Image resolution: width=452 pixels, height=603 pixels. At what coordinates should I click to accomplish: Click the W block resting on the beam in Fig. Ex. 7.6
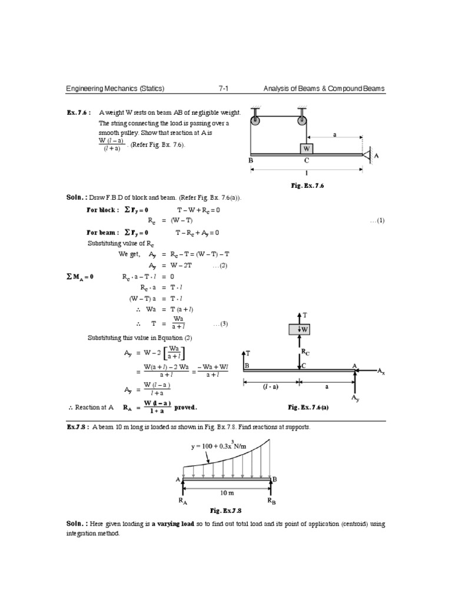306,148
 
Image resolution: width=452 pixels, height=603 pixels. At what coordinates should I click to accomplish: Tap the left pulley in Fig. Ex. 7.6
255,122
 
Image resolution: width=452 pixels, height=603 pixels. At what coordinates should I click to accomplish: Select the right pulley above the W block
302,122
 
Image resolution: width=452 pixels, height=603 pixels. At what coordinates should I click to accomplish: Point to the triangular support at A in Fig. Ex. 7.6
366,155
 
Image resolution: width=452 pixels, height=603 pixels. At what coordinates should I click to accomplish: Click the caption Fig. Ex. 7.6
308,185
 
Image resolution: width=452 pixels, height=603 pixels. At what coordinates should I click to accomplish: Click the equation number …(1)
377,220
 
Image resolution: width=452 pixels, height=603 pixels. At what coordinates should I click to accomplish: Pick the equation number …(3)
220,323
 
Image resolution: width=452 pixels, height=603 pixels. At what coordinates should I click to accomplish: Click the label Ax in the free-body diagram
382,372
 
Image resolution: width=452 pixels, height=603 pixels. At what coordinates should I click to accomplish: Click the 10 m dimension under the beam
227,491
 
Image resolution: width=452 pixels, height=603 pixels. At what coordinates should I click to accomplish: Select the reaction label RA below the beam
183,502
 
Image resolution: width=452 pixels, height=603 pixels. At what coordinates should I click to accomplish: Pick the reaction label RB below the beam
271,502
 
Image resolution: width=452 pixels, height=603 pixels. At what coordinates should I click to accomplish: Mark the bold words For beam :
103,232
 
